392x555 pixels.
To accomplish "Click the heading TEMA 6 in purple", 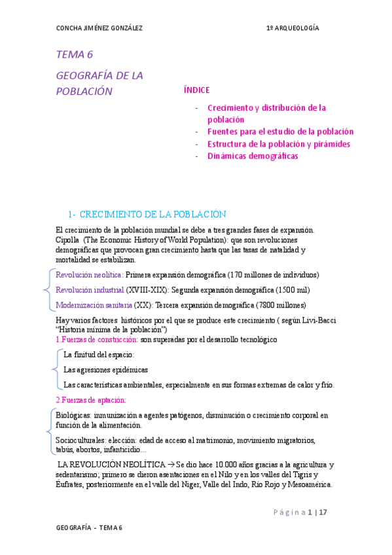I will point(75,54).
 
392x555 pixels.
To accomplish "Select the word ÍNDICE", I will point(196,90).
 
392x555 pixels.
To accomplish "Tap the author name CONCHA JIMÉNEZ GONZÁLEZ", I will point(99,28).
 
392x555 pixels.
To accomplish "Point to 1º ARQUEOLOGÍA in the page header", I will point(293,28).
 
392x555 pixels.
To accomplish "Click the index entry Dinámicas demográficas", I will point(252,156).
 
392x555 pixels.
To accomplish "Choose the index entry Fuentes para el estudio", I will point(280,132).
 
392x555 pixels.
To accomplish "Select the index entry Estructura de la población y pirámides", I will point(278,144).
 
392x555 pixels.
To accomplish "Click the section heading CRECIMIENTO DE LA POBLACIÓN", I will point(156,215).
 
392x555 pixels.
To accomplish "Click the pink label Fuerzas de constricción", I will point(99,339).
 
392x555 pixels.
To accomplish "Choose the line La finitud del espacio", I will point(99,355).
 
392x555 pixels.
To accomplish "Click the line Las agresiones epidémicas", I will point(105,370).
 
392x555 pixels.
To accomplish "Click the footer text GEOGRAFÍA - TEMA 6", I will point(89,528).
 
